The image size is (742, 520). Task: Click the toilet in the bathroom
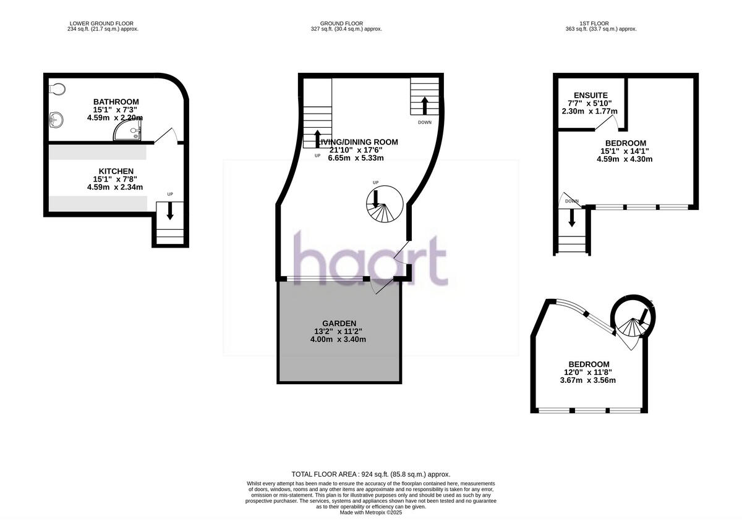pos(57,90)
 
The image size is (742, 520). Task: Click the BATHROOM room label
pos(116,101)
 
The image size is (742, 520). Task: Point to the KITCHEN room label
pos(116,171)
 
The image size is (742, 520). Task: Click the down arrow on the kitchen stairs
pos(170,212)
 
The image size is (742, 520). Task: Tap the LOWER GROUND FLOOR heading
pos(104,23)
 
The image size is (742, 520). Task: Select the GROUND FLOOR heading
pos(347,23)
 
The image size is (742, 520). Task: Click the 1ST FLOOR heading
pos(600,23)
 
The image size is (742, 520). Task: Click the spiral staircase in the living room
pos(384,206)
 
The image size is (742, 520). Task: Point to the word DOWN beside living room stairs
pos(425,122)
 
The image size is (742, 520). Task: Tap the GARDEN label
pos(339,323)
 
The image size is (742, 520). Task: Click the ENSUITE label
pos(591,95)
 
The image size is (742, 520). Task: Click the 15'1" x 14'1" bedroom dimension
pos(625,151)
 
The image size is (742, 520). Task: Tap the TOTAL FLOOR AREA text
pos(371,474)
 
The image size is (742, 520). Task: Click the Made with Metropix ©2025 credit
pos(371,512)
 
